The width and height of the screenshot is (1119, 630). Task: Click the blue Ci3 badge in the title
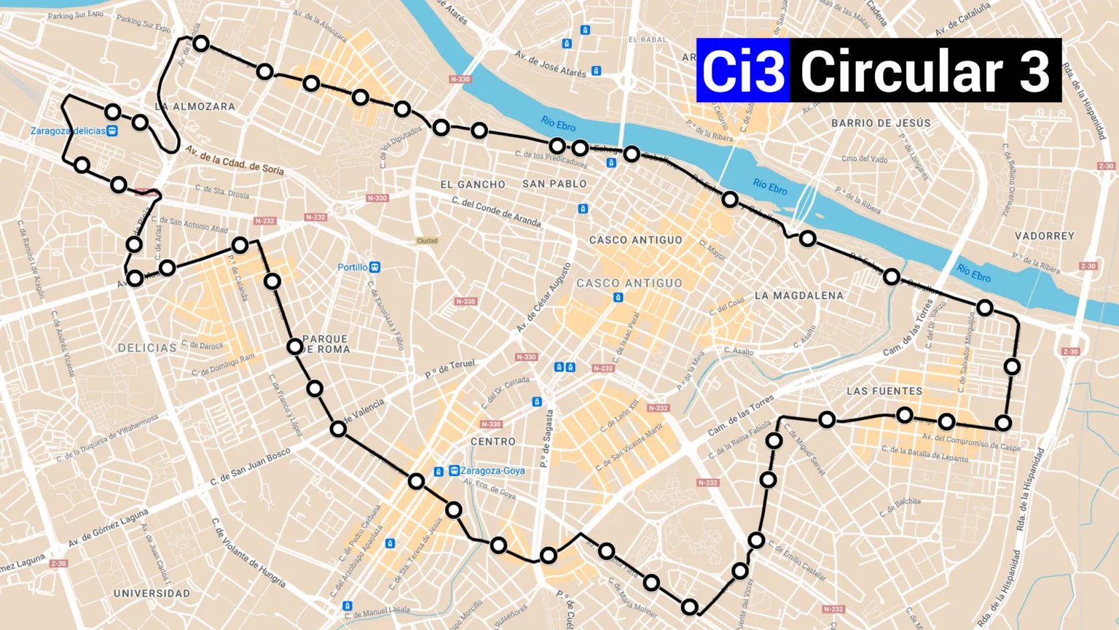pyautogui.click(x=743, y=71)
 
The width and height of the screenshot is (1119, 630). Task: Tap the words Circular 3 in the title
pyautogui.click(x=925, y=71)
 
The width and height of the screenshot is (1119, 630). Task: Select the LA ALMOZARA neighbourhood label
pyautogui.click(x=195, y=106)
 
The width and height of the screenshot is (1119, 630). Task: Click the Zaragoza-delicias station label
pyautogui.click(x=68, y=131)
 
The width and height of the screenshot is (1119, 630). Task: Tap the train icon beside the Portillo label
pyautogui.click(x=374, y=268)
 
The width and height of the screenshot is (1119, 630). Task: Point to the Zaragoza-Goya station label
pyautogui.click(x=492, y=471)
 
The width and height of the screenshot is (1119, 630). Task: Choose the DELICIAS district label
pyautogui.click(x=147, y=348)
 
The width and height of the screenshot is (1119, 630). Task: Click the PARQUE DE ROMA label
pyautogui.click(x=326, y=344)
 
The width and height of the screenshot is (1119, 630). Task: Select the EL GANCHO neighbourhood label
pyautogui.click(x=473, y=184)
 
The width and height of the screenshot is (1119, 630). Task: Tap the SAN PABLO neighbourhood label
pyautogui.click(x=554, y=184)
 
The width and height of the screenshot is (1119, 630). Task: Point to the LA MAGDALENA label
pyautogui.click(x=799, y=295)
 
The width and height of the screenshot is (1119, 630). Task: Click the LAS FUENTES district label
pyautogui.click(x=884, y=391)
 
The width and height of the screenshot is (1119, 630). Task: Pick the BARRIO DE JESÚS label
pyautogui.click(x=881, y=123)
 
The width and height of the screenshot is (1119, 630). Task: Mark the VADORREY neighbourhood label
pyautogui.click(x=1045, y=236)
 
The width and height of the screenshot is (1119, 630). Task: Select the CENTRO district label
pyautogui.click(x=493, y=442)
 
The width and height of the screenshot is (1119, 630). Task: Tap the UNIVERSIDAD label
pyautogui.click(x=152, y=594)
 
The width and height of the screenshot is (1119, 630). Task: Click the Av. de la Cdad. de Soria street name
pyautogui.click(x=235, y=160)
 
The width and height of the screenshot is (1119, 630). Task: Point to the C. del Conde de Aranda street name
pyautogui.click(x=496, y=211)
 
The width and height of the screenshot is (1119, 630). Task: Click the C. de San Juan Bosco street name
pyautogui.click(x=251, y=467)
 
